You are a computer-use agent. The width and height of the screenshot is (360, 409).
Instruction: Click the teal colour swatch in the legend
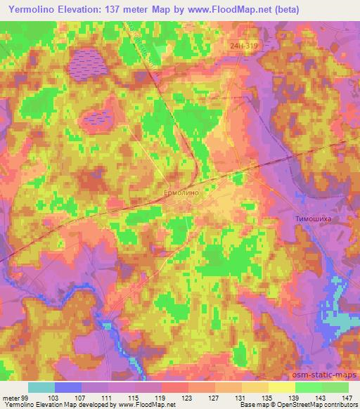point(41,387)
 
